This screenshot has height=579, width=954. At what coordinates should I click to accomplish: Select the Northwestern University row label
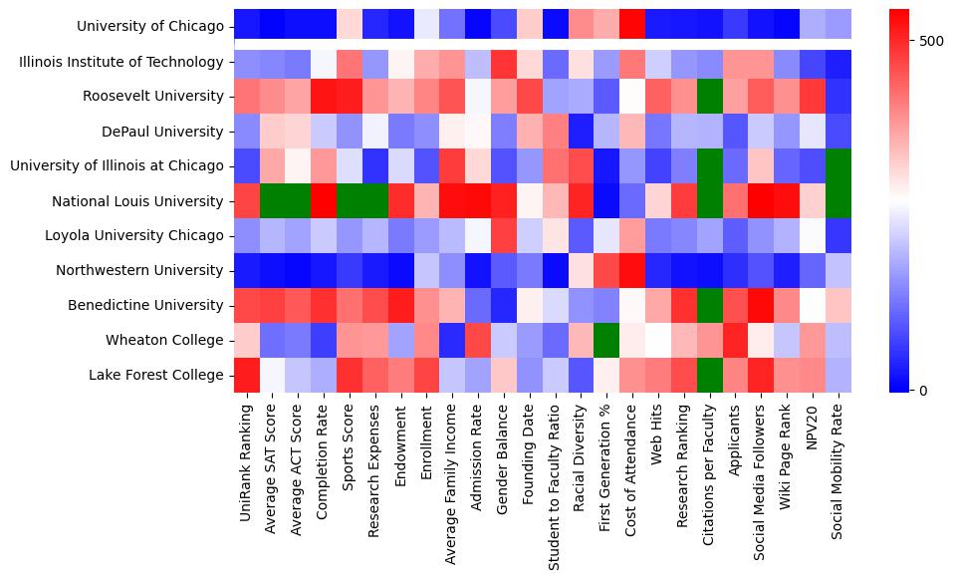point(139,270)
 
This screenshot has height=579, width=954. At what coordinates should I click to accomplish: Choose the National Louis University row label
point(137,201)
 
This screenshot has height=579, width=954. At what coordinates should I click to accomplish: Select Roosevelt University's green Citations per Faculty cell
point(711,97)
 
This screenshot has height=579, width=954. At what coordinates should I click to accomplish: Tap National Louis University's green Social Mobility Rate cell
point(838,201)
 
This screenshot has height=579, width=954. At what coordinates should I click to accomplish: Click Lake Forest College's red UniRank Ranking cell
point(247,375)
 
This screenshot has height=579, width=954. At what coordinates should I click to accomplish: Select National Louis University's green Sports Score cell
point(349,201)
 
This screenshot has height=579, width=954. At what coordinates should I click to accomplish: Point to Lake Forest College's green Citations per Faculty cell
point(711,375)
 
